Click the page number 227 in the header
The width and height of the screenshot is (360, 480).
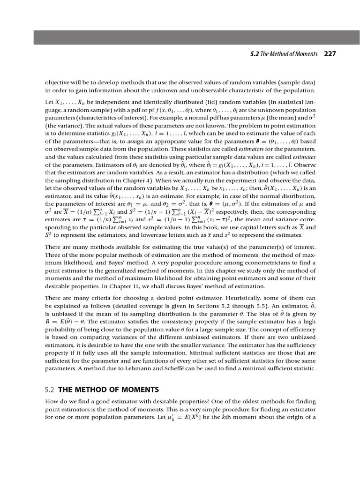330,54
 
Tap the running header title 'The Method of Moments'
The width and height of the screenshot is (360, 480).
291,54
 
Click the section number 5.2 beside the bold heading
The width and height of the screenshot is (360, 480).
50,390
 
